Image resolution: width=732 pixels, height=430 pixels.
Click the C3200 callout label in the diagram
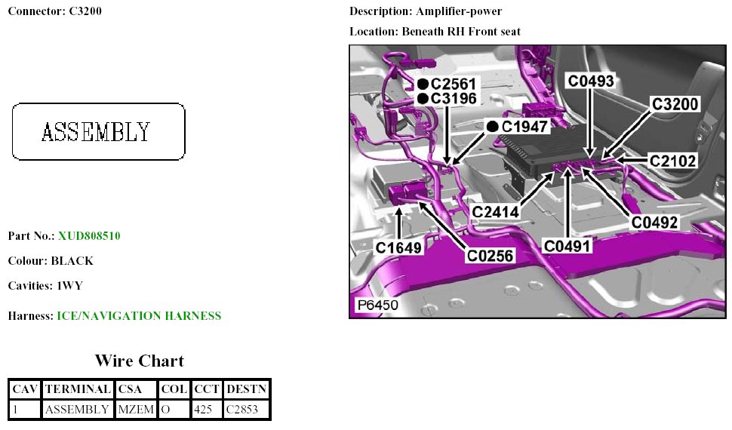[676, 105]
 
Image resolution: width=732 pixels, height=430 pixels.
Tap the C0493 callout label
[591, 81]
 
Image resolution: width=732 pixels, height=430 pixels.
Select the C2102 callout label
[673, 160]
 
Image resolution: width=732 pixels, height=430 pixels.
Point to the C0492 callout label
[655, 223]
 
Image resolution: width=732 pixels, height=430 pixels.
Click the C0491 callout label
[567, 245]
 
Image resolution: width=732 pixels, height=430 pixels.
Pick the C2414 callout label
[496, 213]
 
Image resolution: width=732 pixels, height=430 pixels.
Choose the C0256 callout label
[490, 256]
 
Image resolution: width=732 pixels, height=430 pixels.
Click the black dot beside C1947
[492, 126]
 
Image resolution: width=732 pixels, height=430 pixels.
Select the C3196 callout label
[453, 99]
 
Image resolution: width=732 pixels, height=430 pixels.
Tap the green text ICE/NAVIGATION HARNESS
[139, 316]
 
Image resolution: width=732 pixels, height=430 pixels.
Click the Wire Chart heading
[139, 361]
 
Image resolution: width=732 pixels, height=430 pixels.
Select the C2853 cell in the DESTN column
[245, 410]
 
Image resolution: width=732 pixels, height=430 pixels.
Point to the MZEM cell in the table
[136, 410]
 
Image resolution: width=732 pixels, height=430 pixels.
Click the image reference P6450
[377, 306]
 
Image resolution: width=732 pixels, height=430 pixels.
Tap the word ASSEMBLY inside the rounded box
[96, 133]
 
